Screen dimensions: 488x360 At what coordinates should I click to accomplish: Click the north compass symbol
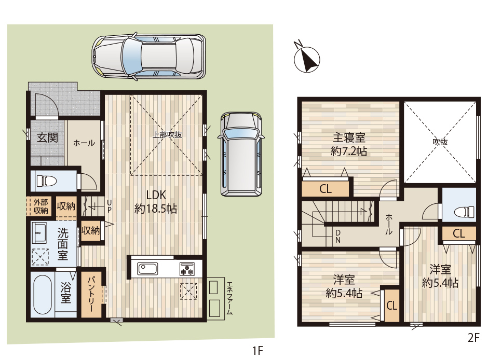click(x=307, y=59)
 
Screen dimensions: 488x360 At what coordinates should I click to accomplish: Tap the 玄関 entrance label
click(x=47, y=137)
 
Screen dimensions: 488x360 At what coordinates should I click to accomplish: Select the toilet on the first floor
click(x=47, y=181)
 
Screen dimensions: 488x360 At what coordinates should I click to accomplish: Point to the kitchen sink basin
click(x=147, y=269)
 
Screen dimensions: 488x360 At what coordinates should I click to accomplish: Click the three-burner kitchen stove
click(x=187, y=269)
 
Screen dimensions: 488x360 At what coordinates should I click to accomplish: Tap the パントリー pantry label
click(x=91, y=294)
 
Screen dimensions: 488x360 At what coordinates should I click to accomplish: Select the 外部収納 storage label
click(x=41, y=206)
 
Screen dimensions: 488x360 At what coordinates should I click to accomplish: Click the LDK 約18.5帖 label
click(x=156, y=202)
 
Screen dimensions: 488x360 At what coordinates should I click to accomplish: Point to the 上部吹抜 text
click(x=167, y=135)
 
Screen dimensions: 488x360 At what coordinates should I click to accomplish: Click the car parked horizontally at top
click(x=148, y=57)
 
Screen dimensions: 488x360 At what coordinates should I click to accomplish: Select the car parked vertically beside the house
click(x=241, y=154)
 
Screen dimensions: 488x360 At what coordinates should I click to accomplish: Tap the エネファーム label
click(x=229, y=298)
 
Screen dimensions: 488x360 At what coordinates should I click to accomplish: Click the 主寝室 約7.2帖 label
click(x=348, y=144)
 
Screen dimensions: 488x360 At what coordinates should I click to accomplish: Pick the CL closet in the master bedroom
click(x=326, y=189)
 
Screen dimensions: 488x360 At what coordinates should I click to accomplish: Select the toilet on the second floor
click(x=464, y=212)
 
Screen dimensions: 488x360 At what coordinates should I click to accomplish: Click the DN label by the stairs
click(x=338, y=236)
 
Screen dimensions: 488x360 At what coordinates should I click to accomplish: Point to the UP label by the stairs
click(x=109, y=205)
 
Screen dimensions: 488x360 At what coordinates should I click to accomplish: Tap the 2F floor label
click(x=473, y=338)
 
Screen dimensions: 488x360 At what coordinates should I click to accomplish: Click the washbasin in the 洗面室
click(x=39, y=233)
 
